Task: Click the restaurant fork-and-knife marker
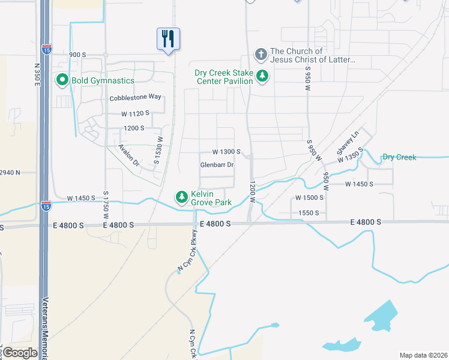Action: click(x=167, y=39)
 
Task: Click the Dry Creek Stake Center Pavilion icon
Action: click(x=262, y=76)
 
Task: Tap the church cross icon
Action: click(x=261, y=55)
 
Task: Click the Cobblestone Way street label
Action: click(x=136, y=97)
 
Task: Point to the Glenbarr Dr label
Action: click(x=217, y=165)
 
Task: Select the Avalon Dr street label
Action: click(x=128, y=155)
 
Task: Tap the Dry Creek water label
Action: click(x=399, y=157)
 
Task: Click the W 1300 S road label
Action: click(x=226, y=152)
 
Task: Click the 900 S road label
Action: click(x=78, y=55)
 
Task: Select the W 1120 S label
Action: click(x=134, y=113)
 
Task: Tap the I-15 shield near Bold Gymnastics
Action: click(x=46, y=49)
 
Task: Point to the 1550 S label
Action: click(x=309, y=212)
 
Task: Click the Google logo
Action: click(x=20, y=353)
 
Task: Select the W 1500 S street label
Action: click(x=309, y=197)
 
